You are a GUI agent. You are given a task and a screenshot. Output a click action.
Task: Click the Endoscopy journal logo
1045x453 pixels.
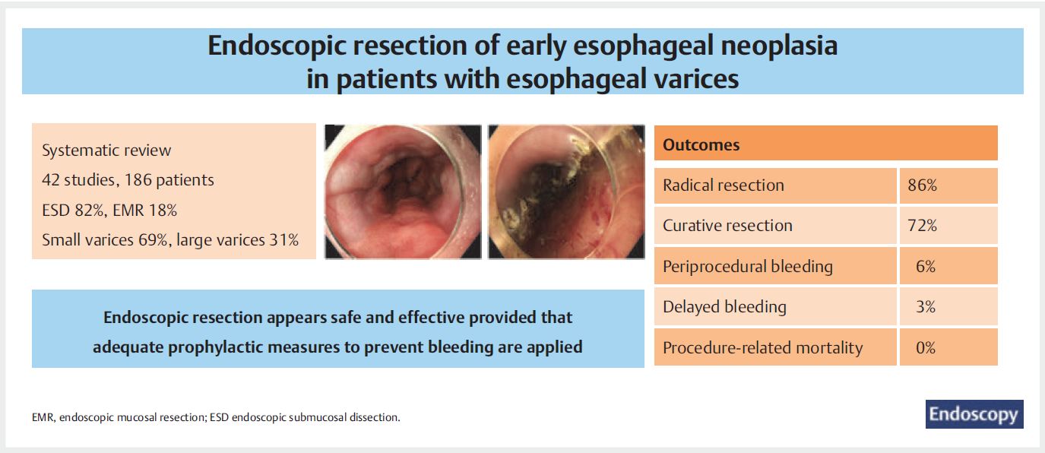click(974, 413)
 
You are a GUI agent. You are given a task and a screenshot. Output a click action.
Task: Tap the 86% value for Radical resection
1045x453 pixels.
click(923, 185)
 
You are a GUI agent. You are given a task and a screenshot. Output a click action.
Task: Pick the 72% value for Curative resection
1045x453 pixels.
click(923, 226)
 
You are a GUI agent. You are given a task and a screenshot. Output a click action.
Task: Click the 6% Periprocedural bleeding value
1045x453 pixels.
click(926, 266)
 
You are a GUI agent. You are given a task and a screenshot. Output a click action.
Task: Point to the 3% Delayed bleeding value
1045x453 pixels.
click(926, 307)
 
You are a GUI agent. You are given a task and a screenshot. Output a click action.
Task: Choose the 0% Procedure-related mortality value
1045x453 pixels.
click(926, 347)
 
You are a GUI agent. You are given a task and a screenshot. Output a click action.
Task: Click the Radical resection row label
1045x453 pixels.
click(723, 185)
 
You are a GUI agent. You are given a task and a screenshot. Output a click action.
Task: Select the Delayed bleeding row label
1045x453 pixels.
click(724, 307)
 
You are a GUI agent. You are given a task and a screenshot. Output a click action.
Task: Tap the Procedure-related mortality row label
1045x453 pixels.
click(763, 347)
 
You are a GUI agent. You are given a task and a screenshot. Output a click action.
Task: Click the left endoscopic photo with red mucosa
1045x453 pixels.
click(403, 192)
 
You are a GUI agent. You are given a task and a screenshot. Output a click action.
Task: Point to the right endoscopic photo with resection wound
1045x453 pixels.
click(566, 192)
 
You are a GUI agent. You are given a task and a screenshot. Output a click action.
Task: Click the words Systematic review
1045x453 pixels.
click(106, 150)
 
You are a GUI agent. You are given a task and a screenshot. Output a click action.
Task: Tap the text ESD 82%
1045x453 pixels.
click(73, 211)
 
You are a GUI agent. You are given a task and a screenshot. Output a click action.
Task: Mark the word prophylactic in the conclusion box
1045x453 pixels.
click(236, 347)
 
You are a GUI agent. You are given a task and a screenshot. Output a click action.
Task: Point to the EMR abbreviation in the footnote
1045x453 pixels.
click(43, 417)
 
